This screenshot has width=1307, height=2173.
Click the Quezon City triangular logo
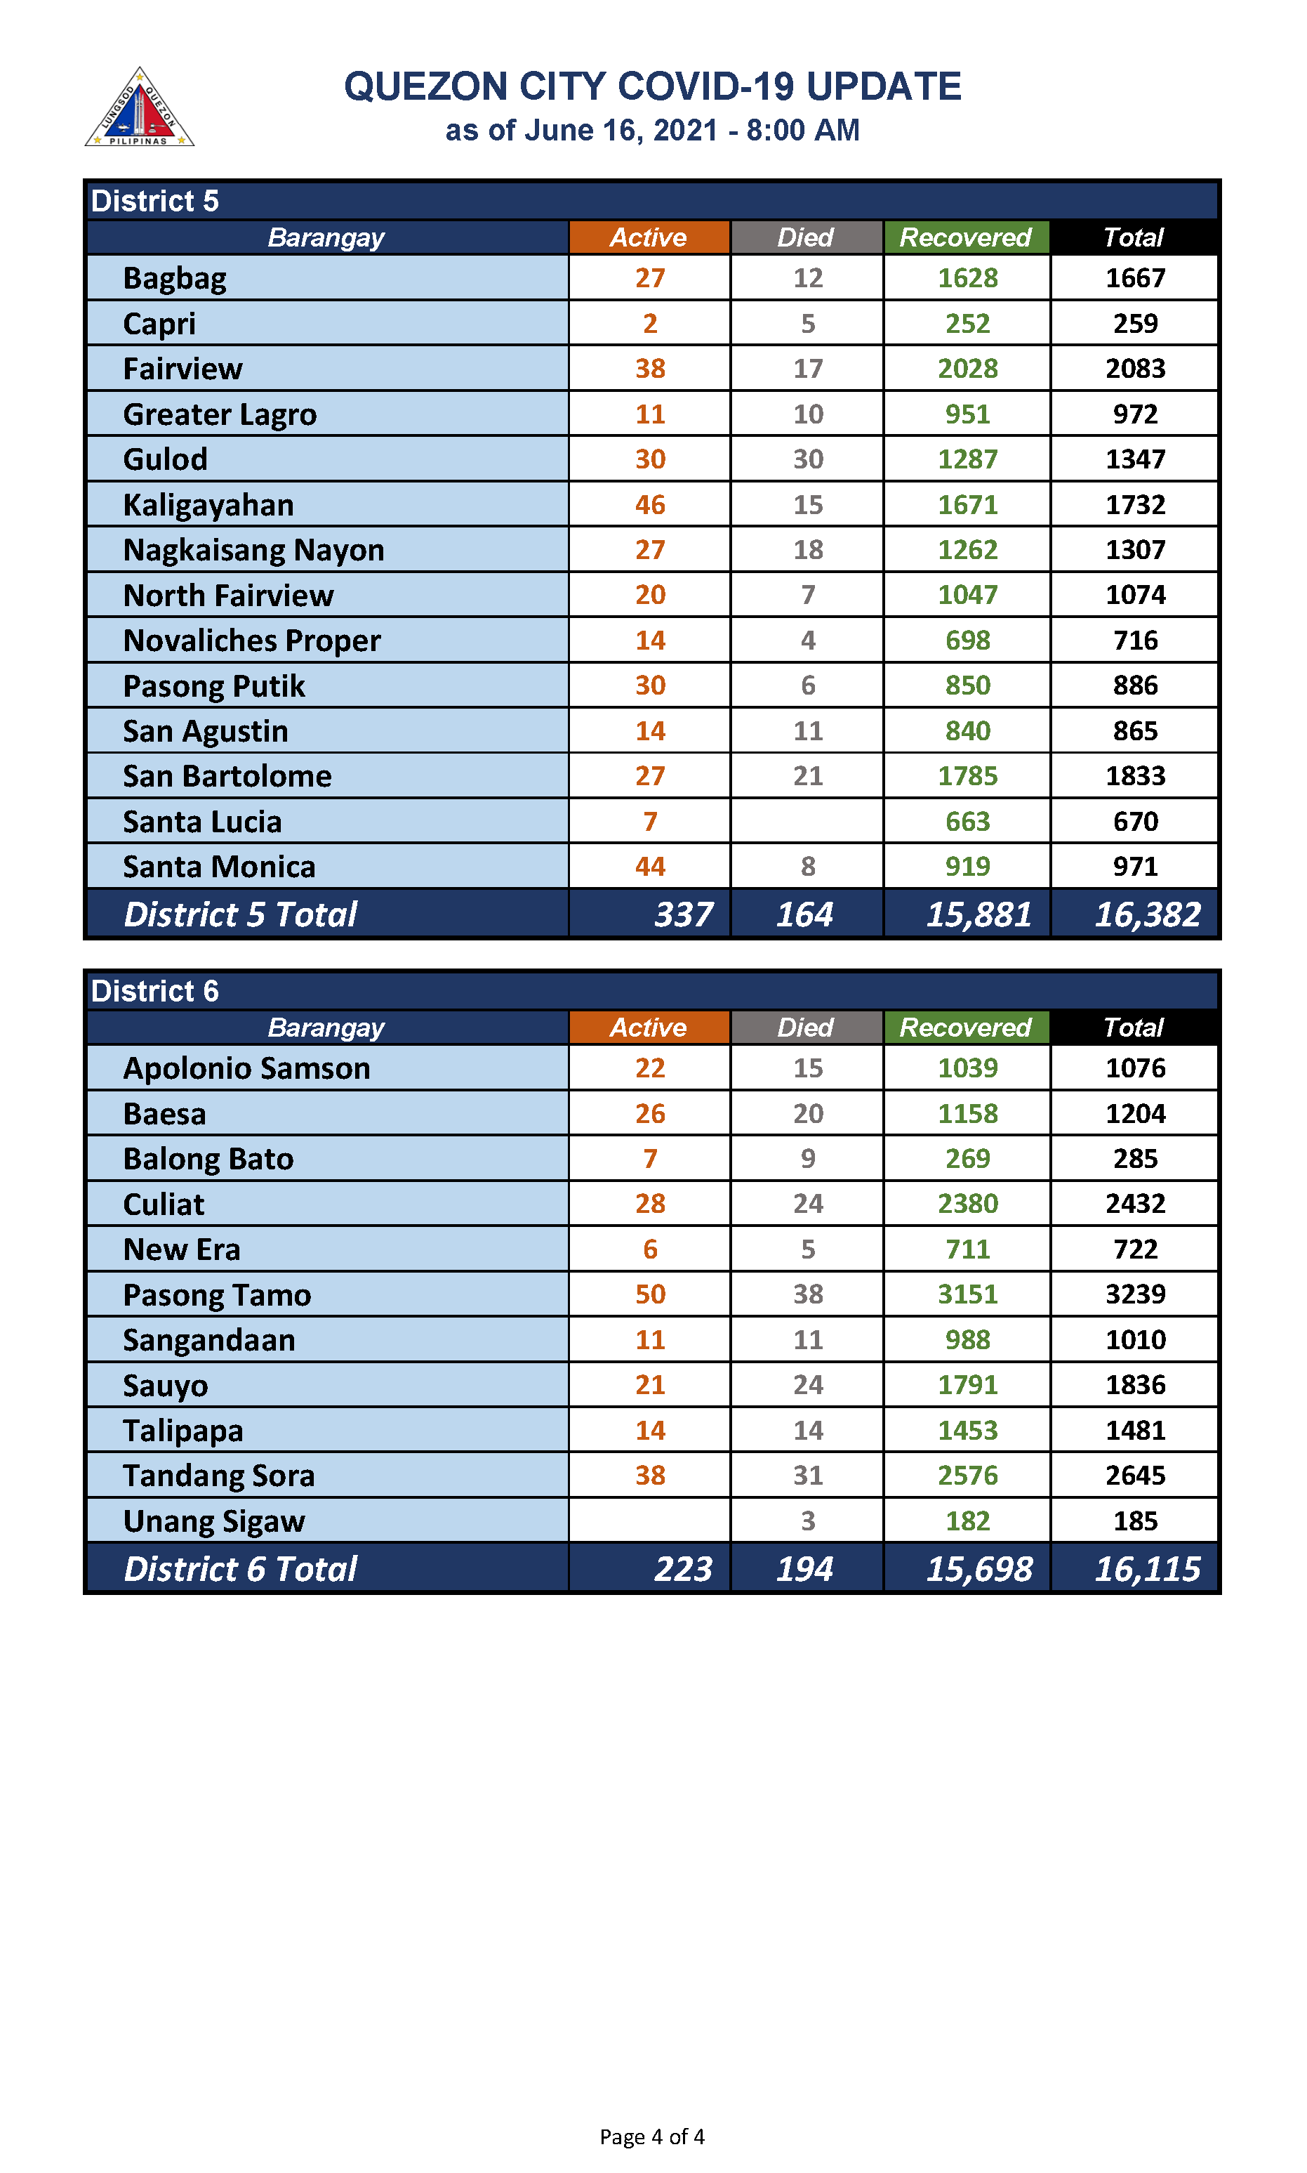tap(139, 108)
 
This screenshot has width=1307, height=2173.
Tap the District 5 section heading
tap(155, 201)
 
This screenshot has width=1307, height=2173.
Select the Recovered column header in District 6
tap(965, 1028)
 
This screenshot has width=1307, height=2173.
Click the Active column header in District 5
tap(649, 237)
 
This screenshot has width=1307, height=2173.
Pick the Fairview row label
tap(183, 368)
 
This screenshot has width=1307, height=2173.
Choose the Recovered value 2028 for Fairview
tap(967, 368)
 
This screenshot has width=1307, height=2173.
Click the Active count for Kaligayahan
tap(650, 505)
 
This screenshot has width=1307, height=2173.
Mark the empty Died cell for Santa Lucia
tap(807, 821)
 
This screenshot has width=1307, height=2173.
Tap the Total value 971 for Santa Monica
tap(1134, 866)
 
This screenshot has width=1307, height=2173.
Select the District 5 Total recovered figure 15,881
tap(978, 914)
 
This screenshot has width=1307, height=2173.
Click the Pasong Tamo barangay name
tap(217, 1294)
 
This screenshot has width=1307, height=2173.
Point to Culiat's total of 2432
tap(1134, 1204)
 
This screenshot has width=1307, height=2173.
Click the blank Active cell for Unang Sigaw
tap(650, 1521)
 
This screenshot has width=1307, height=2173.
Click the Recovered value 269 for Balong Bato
tap(967, 1159)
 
